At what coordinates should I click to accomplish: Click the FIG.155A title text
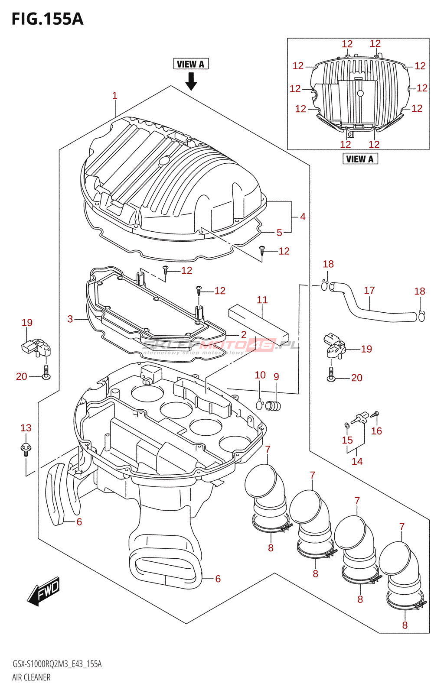point(47,19)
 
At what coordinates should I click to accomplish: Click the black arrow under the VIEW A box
point(191,81)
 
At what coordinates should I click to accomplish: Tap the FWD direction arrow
point(44,591)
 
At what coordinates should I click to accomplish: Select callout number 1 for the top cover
point(115,96)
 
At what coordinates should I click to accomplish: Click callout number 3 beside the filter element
point(70,319)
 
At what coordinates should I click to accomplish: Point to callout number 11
point(262,300)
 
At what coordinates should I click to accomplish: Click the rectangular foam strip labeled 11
point(258,321)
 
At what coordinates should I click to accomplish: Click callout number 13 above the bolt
point(26,428)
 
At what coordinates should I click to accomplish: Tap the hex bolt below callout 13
point(26,449)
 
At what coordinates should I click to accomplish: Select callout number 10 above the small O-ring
point(260,375)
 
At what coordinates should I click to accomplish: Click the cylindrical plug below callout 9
point(274,406)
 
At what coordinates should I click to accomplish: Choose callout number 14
point(357,462)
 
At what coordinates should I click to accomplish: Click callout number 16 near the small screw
point(376,431)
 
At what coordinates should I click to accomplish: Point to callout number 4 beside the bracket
point(303,217)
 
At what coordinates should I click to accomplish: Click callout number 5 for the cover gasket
point(279,233)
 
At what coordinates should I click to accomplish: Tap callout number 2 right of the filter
point(244,335)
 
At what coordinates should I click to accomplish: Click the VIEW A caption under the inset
point(360,159)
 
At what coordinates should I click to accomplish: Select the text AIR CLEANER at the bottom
point(31,677)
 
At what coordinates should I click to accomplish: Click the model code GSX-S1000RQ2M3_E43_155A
point(57,664)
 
